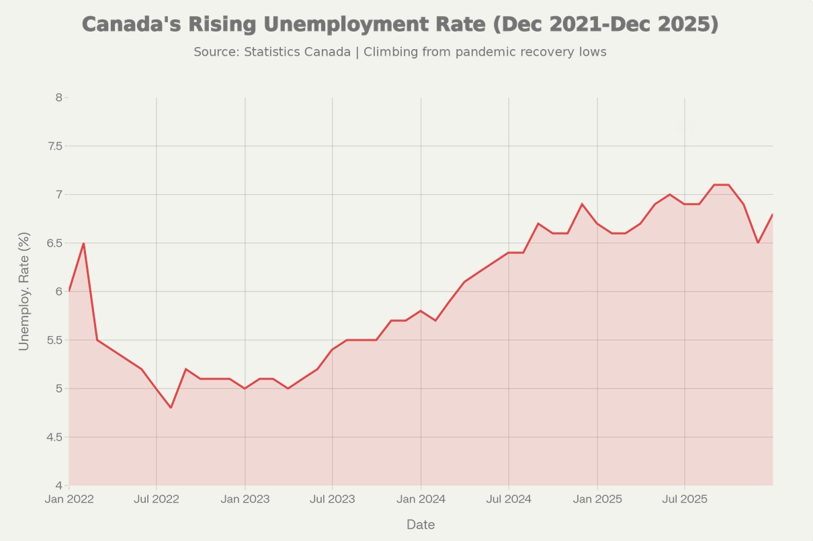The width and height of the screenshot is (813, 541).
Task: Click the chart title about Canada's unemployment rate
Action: click(400, 24)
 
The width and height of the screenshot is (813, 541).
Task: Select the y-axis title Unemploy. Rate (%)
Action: click(24, 291)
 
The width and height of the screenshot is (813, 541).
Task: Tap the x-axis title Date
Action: click(421, 525)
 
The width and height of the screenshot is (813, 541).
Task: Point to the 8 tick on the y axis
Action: click(58, 97)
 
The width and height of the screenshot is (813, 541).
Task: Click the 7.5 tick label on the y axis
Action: click(54, 146)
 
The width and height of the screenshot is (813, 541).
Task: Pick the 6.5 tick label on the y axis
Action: click(54, 243)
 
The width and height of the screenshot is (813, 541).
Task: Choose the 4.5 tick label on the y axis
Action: click(54, 437)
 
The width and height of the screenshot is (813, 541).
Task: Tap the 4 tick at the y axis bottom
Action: click(58, 485)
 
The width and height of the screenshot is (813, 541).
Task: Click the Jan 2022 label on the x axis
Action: click(69, 499)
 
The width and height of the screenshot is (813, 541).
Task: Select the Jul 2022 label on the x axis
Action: click(157, 499)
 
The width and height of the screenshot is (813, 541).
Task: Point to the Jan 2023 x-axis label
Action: click(245, 499)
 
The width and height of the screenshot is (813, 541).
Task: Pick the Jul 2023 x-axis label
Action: click(333, 499)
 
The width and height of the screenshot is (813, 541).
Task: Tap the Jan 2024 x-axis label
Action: click(421, 499)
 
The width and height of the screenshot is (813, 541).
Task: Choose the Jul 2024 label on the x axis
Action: click(509, 499)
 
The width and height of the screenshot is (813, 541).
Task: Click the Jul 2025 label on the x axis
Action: click(685, 499)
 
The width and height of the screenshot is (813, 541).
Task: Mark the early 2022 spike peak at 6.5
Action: click(83, 243)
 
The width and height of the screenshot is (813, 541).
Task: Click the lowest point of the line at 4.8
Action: click(171, 407)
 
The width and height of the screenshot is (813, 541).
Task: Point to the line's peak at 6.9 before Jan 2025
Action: click(582, 204)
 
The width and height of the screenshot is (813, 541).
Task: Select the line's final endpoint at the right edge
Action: click(773, 214)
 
